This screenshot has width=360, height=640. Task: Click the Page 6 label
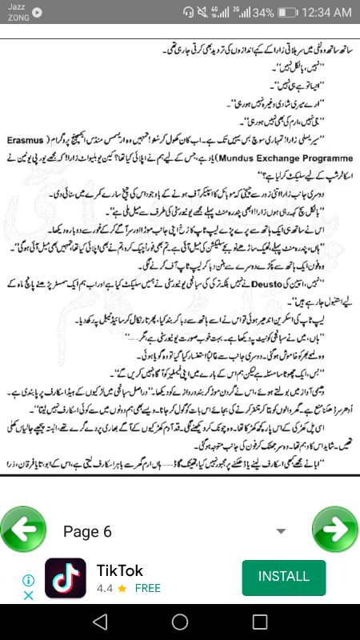(87, 532)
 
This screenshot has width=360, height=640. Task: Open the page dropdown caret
(281, 531)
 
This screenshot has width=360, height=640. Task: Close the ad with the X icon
(27, 595)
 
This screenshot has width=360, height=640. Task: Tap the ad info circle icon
(27, 579)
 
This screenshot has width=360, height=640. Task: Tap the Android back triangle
(99, 622)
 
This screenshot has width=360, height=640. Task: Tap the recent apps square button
(259, 622)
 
